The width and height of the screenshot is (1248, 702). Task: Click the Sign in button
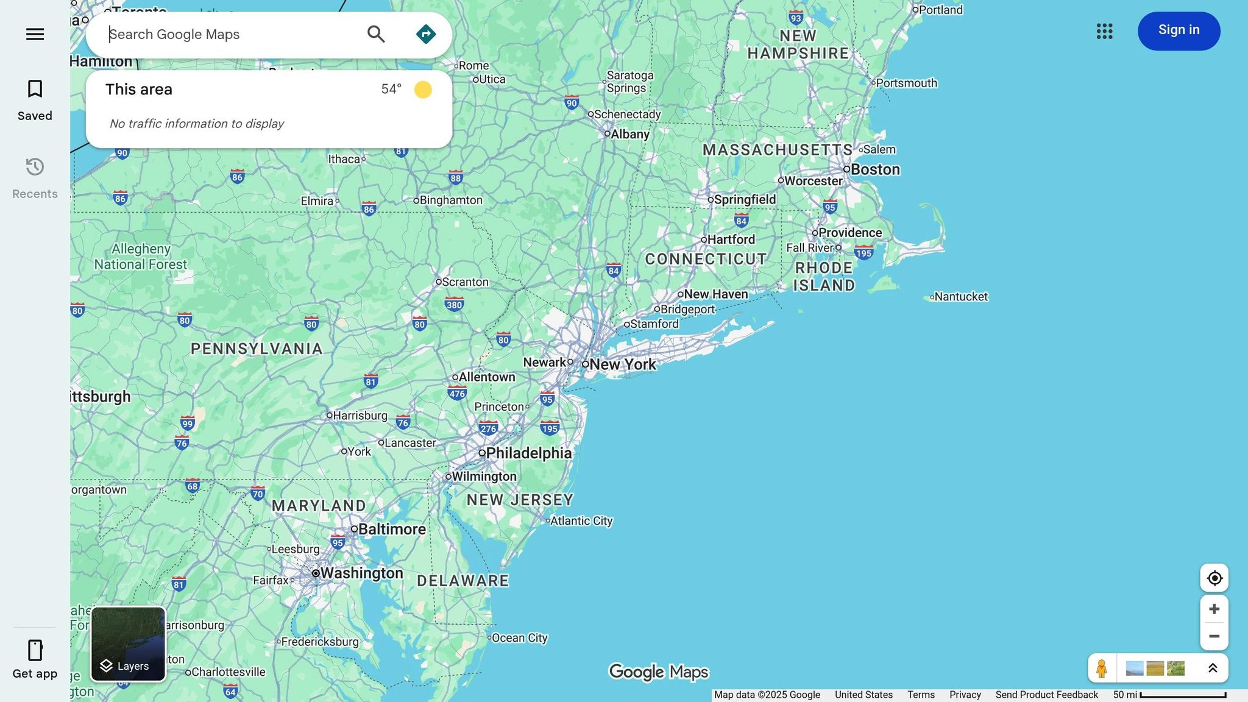pos(1179,30)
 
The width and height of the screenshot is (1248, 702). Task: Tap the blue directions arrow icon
pos(425,34)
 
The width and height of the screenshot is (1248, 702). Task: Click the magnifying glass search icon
pos(376,34)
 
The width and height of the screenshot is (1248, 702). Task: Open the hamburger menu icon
pos(35,34)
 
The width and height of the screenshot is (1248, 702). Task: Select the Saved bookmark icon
pos(35,89)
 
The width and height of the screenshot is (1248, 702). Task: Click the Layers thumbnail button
pos(128,643)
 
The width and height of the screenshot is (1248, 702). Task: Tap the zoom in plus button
pos(1214,609)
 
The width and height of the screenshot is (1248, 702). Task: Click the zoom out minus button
pos(1214,636)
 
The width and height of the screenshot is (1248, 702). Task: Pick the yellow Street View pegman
pos(1101,668)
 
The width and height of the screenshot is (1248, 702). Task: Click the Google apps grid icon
pos(1104,31)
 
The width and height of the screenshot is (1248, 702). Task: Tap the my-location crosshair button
pos(1214,578)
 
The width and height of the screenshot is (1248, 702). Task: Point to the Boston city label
pos(875,169)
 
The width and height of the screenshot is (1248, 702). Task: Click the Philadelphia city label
pos(528,453)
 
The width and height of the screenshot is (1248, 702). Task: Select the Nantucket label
pos(960,297)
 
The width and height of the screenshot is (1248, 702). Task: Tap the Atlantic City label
pos(581,520)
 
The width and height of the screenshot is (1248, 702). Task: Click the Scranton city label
pos(465,282)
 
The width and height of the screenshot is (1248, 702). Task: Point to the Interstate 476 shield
pos(457,393)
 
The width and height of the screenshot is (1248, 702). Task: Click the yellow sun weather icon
pos(423,90)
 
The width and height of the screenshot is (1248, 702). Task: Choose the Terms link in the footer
pos(920,695)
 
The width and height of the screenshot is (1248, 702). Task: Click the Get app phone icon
pos(35,650)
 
